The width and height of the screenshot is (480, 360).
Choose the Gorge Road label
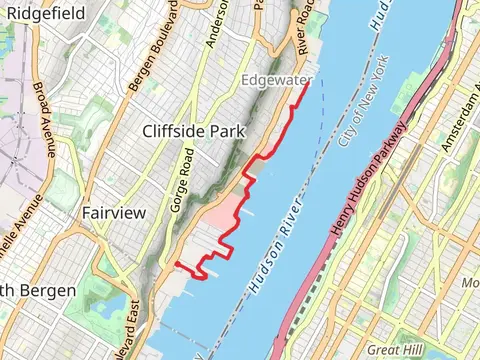point(184,177)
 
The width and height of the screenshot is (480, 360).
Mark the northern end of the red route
point(305,82)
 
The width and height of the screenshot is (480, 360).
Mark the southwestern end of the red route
point(176,264)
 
